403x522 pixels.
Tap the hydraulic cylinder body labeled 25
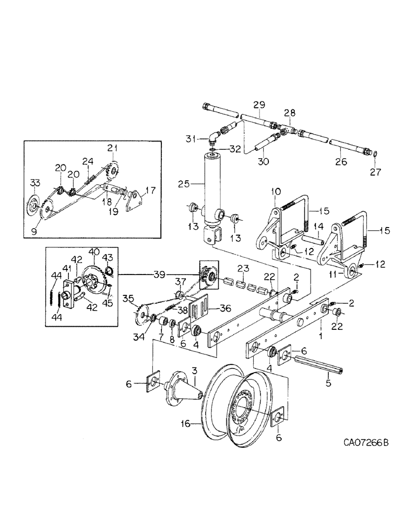tap(211, 188)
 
